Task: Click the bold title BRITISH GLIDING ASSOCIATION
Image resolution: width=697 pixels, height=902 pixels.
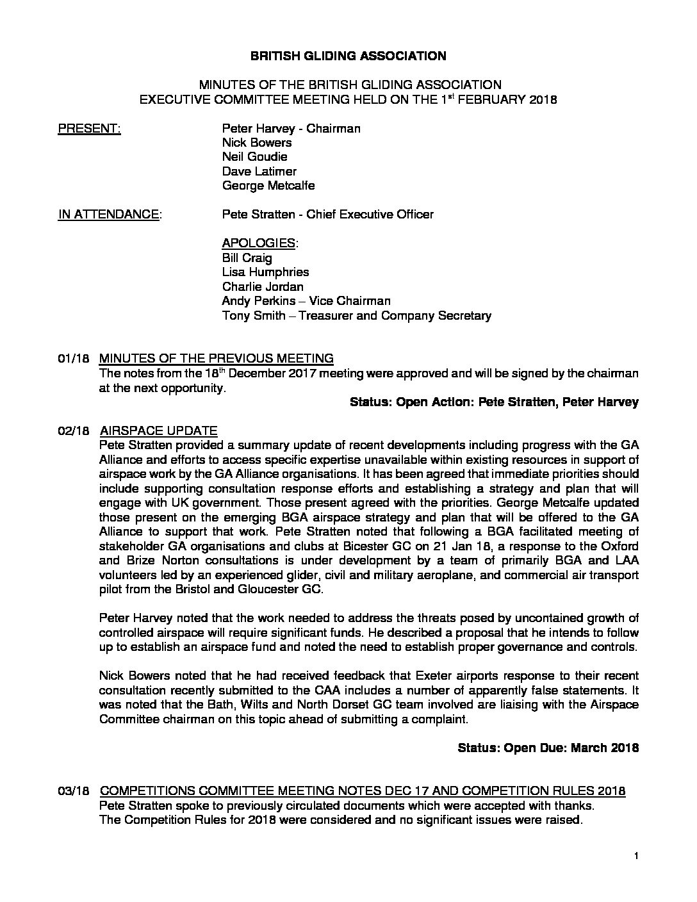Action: (x=348, y=56)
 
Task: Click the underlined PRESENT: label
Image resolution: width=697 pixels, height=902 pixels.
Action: (x=89, y=129)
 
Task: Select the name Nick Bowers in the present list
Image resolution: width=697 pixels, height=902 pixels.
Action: (x=257, y=143)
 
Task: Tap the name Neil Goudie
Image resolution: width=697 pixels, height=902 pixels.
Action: (x=254, y=157)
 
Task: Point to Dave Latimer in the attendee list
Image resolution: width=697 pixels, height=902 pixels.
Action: (x=259, y=172)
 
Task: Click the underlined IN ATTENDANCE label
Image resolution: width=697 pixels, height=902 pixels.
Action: (x=109, y=215)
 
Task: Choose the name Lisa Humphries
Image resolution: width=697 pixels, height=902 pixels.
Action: (x=265, y=272)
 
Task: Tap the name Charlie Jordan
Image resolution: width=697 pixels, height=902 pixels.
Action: (x=263, y=286)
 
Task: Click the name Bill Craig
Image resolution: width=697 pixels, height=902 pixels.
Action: (x=247, y=258)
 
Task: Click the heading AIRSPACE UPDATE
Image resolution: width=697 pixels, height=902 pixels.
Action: (x=159, y=430)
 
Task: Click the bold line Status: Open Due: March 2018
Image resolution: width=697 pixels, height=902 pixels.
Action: (x=548, y=748)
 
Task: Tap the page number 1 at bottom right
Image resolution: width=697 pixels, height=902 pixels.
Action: (x=636, y=856)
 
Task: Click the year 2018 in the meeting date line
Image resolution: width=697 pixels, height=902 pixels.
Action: (x=543, y=100)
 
